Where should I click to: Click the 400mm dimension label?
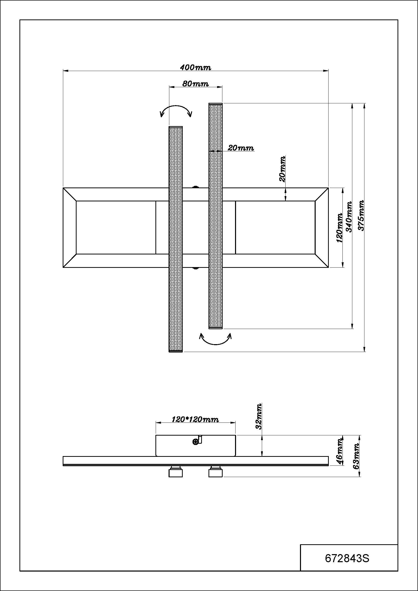195,67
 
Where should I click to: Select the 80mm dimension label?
195,84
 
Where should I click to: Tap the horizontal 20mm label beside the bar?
241,148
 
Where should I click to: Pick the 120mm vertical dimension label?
339,228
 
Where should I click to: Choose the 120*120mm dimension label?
195,420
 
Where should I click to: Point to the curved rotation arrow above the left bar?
176,110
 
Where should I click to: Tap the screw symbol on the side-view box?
195,442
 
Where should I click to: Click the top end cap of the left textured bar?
176,127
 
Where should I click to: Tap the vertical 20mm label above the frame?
282,169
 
